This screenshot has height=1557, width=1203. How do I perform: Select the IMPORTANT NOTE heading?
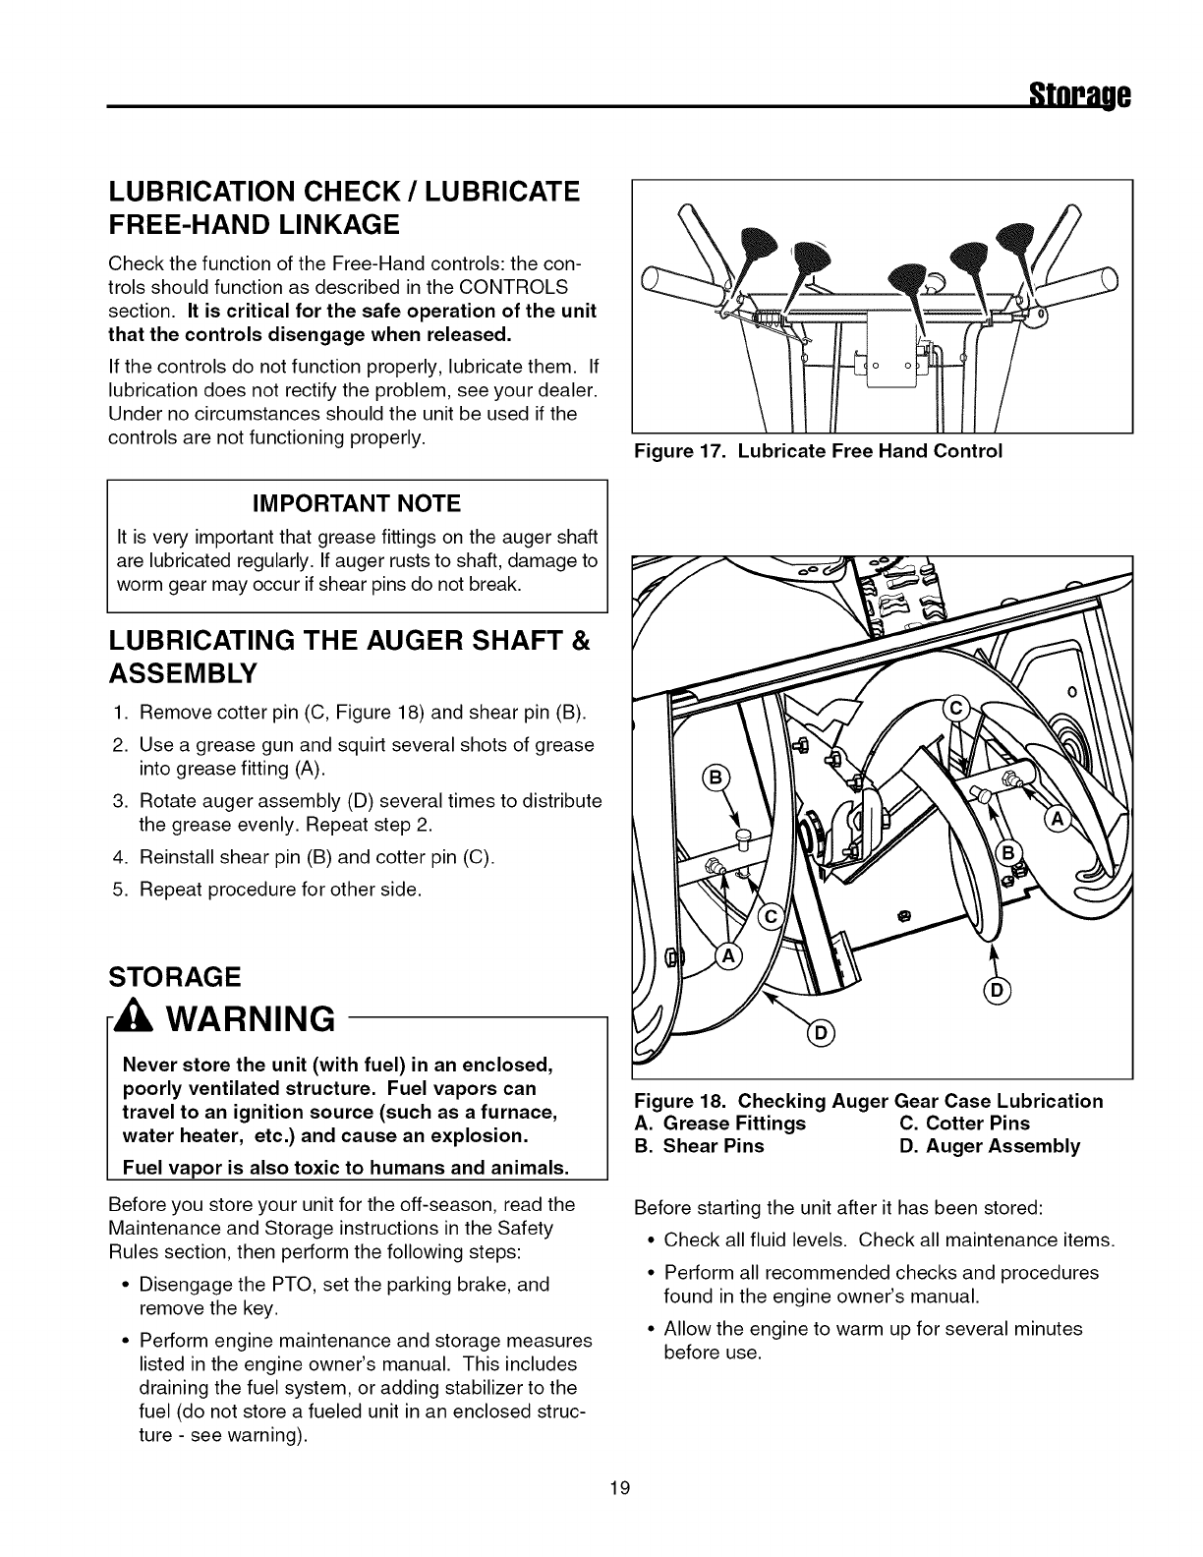pos(357,504)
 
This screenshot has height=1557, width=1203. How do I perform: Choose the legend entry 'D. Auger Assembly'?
pos(990,1146)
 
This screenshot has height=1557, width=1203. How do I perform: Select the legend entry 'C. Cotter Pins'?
pos(965,1124)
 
